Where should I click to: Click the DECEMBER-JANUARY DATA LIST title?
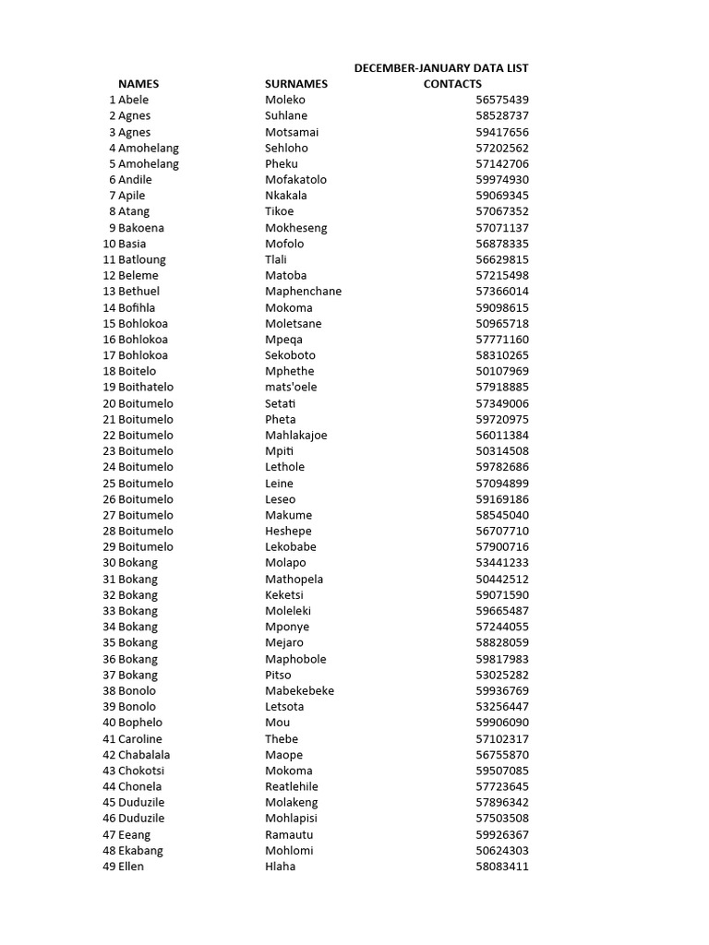point(441,67)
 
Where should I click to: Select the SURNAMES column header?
point(296,84)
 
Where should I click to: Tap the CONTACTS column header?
point(452,84)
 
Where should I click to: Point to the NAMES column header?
point(138,84)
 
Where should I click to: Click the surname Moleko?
point(284,100)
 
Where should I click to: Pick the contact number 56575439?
point(502,100)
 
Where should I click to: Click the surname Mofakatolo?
point(295,179)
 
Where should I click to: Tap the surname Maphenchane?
point(303,291)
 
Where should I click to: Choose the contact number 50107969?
point(502,371)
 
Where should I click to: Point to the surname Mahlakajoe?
point(295,435)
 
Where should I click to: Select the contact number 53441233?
point(502,563)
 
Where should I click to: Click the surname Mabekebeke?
point(299,690)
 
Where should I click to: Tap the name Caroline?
point(139,738)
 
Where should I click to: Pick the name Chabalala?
point(144,754)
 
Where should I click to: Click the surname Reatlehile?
point(291,786)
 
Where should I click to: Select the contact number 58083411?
point(502,867)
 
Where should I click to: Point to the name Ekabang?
point(140,850)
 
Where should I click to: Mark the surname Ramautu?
point(289,834)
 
